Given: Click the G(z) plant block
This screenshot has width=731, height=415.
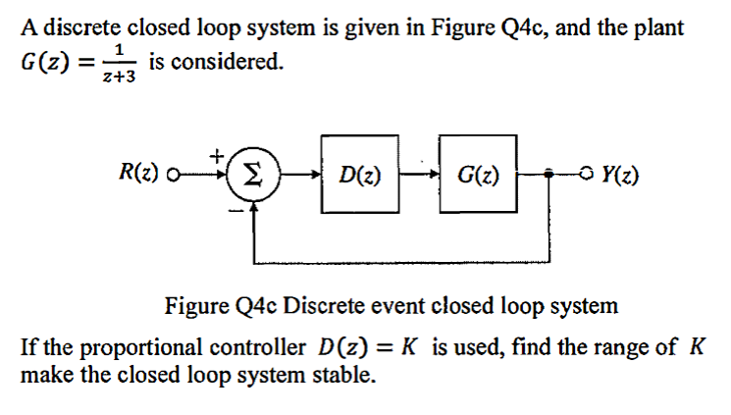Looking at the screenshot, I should click(x=478, y=178).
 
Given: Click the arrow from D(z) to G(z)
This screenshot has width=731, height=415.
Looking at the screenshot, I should click(x=419, y=179).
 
